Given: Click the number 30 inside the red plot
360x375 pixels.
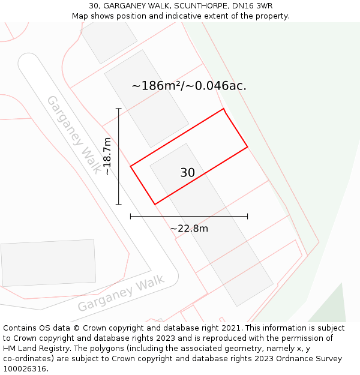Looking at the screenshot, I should coord(187,173).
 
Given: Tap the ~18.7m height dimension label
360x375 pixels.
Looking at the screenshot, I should coord(107,156).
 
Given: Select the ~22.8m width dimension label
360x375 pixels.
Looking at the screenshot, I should coord(189,228).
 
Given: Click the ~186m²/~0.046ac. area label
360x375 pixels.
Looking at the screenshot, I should coord(189,86).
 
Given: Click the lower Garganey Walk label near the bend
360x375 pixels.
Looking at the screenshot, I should coord(121,294).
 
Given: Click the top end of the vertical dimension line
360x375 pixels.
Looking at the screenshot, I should coord(119,109).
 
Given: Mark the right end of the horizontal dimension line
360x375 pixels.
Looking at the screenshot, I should coord(247,216).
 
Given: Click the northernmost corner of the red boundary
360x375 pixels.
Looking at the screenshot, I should coord(224,109).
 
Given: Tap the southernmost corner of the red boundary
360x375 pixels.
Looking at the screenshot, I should coord(155,205).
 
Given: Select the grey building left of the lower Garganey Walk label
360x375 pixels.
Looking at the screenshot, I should coord(48,263).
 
